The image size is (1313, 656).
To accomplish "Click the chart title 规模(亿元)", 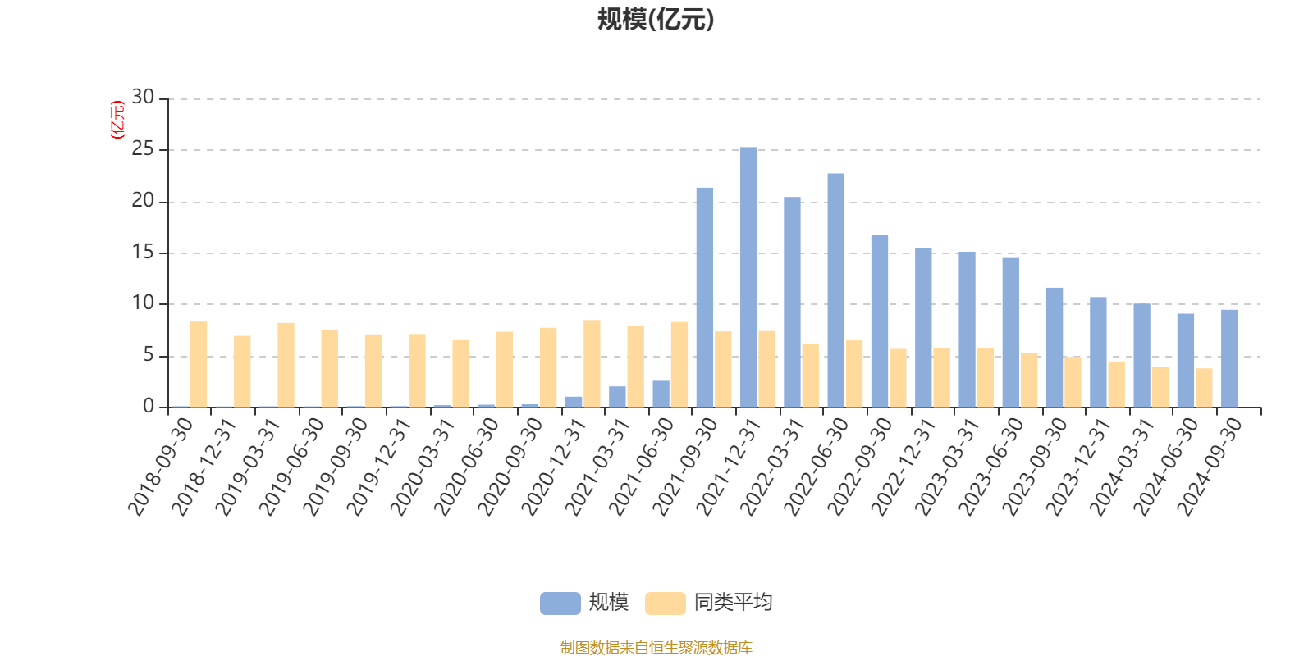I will tap(656, 20).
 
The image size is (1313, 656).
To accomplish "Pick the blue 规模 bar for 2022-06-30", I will tap(835, 290).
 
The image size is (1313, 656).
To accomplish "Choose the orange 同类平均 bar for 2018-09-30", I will tap(199, 364).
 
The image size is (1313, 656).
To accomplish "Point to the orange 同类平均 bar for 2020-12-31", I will tap(592, 363).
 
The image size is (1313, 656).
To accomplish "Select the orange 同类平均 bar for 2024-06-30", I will tap(1204, 387).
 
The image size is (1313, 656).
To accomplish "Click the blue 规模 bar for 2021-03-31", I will tap(617, 397).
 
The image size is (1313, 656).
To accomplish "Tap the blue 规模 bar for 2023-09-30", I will tap(1054, 347).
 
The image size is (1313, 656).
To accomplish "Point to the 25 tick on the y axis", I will tap(143, 149).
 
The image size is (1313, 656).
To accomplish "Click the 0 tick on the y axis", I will tap(149, 407).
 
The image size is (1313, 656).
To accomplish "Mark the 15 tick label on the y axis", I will tap(143, 253).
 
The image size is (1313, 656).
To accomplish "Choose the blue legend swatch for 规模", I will tap(560, 603).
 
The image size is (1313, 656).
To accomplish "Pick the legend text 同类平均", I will tap(733, 603).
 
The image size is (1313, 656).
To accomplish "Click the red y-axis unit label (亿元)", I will tap(117, 120).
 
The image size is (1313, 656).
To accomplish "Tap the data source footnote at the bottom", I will tap(656, 648).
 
